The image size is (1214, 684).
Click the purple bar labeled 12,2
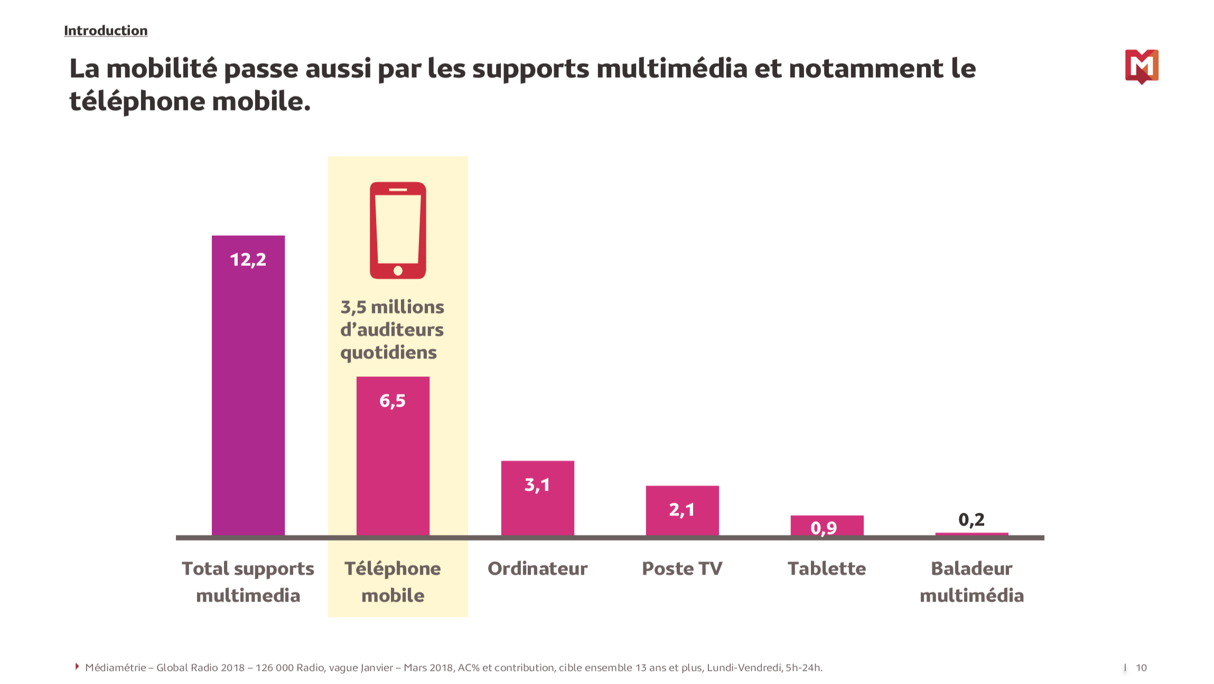coord(248,386)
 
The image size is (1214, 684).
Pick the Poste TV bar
coord(682,511)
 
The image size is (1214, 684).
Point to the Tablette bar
coord(827,525)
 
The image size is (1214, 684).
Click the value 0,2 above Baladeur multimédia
coord(971,520)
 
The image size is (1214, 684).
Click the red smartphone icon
coord(398,230)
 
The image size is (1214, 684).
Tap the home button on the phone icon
coord(398,271)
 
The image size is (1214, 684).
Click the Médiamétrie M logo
coord(1142,66)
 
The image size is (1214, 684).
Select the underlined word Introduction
coord(106,31)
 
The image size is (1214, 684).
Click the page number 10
coord(1141,668)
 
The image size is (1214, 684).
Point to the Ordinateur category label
coord(537,569)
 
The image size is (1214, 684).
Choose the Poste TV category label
coord(682,569)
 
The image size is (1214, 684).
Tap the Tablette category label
coord(827,569)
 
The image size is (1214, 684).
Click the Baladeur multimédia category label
coord(972,582)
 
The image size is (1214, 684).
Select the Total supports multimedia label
coord(248,582)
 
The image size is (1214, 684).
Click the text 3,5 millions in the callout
coord(392,307)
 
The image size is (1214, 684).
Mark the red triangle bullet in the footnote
coord(77,667)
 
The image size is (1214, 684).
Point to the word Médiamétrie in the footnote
coord(115,668)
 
